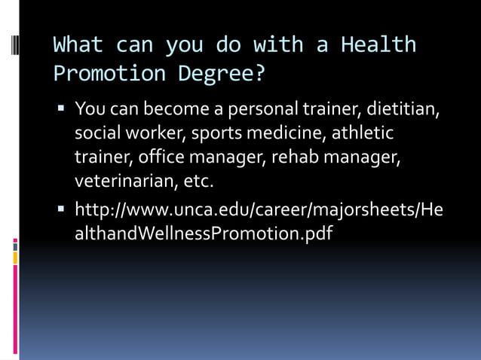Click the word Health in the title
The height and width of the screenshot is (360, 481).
(x=378, y=44)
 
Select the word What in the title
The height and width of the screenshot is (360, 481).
(x=78, y=44)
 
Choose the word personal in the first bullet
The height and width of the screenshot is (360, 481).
(x=269, y=110)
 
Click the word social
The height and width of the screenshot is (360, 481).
(x=96, y=134)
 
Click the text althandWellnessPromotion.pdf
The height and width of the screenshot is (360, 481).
(x=204, y=233)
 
